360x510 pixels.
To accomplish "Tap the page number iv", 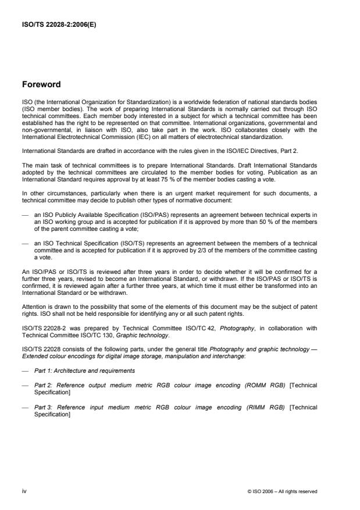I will [x=24, y=491].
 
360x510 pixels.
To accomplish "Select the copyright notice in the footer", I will [x=283, y=491].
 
